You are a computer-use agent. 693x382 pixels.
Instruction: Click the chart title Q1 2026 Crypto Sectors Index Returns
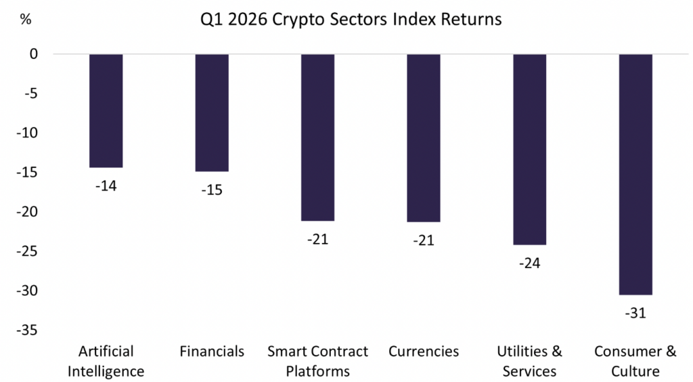tap(351, 19)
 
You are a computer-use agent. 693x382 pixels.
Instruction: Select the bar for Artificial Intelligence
tap(106, 110)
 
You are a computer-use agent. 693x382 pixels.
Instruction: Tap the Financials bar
tap(212, 112)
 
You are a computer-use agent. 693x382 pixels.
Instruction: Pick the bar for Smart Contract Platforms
tap(317, 137)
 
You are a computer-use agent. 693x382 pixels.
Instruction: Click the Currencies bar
tap(424, 137)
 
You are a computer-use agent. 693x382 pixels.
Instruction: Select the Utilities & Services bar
tap(529, 149)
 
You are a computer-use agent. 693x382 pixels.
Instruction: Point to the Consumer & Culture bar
tap(635, 174)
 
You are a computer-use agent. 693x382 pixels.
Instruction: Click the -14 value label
tap(106, 186)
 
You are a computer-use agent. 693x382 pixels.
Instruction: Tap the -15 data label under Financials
tap(212, 190)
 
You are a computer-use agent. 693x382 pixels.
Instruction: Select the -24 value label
tap(529, 263)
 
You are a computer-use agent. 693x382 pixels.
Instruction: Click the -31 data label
tap(635, 313)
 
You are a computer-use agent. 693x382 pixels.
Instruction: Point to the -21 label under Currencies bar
tap(424, 240)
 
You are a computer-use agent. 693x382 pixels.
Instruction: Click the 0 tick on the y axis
tap(34, 54)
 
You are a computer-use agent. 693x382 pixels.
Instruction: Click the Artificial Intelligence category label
tap(106, 361)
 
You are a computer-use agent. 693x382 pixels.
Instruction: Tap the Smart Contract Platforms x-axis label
tap(317, 361)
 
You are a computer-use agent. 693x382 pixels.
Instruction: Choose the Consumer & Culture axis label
tap(635, 361)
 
